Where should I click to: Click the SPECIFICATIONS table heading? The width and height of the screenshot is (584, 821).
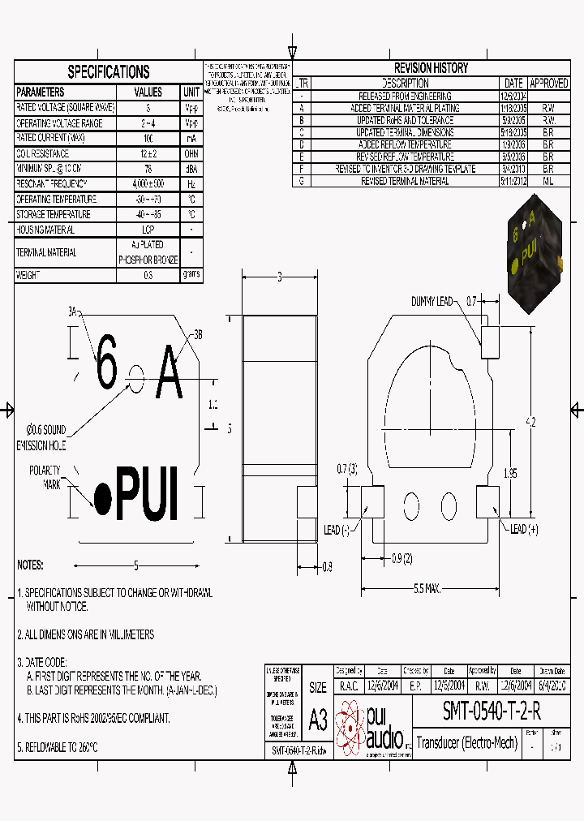point(108,71)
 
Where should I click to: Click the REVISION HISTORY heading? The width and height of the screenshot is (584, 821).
point(431,68)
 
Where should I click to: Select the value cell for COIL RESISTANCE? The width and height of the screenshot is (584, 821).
point(148,153)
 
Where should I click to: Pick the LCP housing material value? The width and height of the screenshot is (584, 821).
point(148,230)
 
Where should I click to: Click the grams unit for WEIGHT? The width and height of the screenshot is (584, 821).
point(191,275)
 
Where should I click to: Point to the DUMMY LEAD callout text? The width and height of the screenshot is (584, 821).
point(432,301)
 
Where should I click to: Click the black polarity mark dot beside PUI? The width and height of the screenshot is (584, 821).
point(103,493)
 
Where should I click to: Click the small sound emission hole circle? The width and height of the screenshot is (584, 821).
point(136,376)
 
